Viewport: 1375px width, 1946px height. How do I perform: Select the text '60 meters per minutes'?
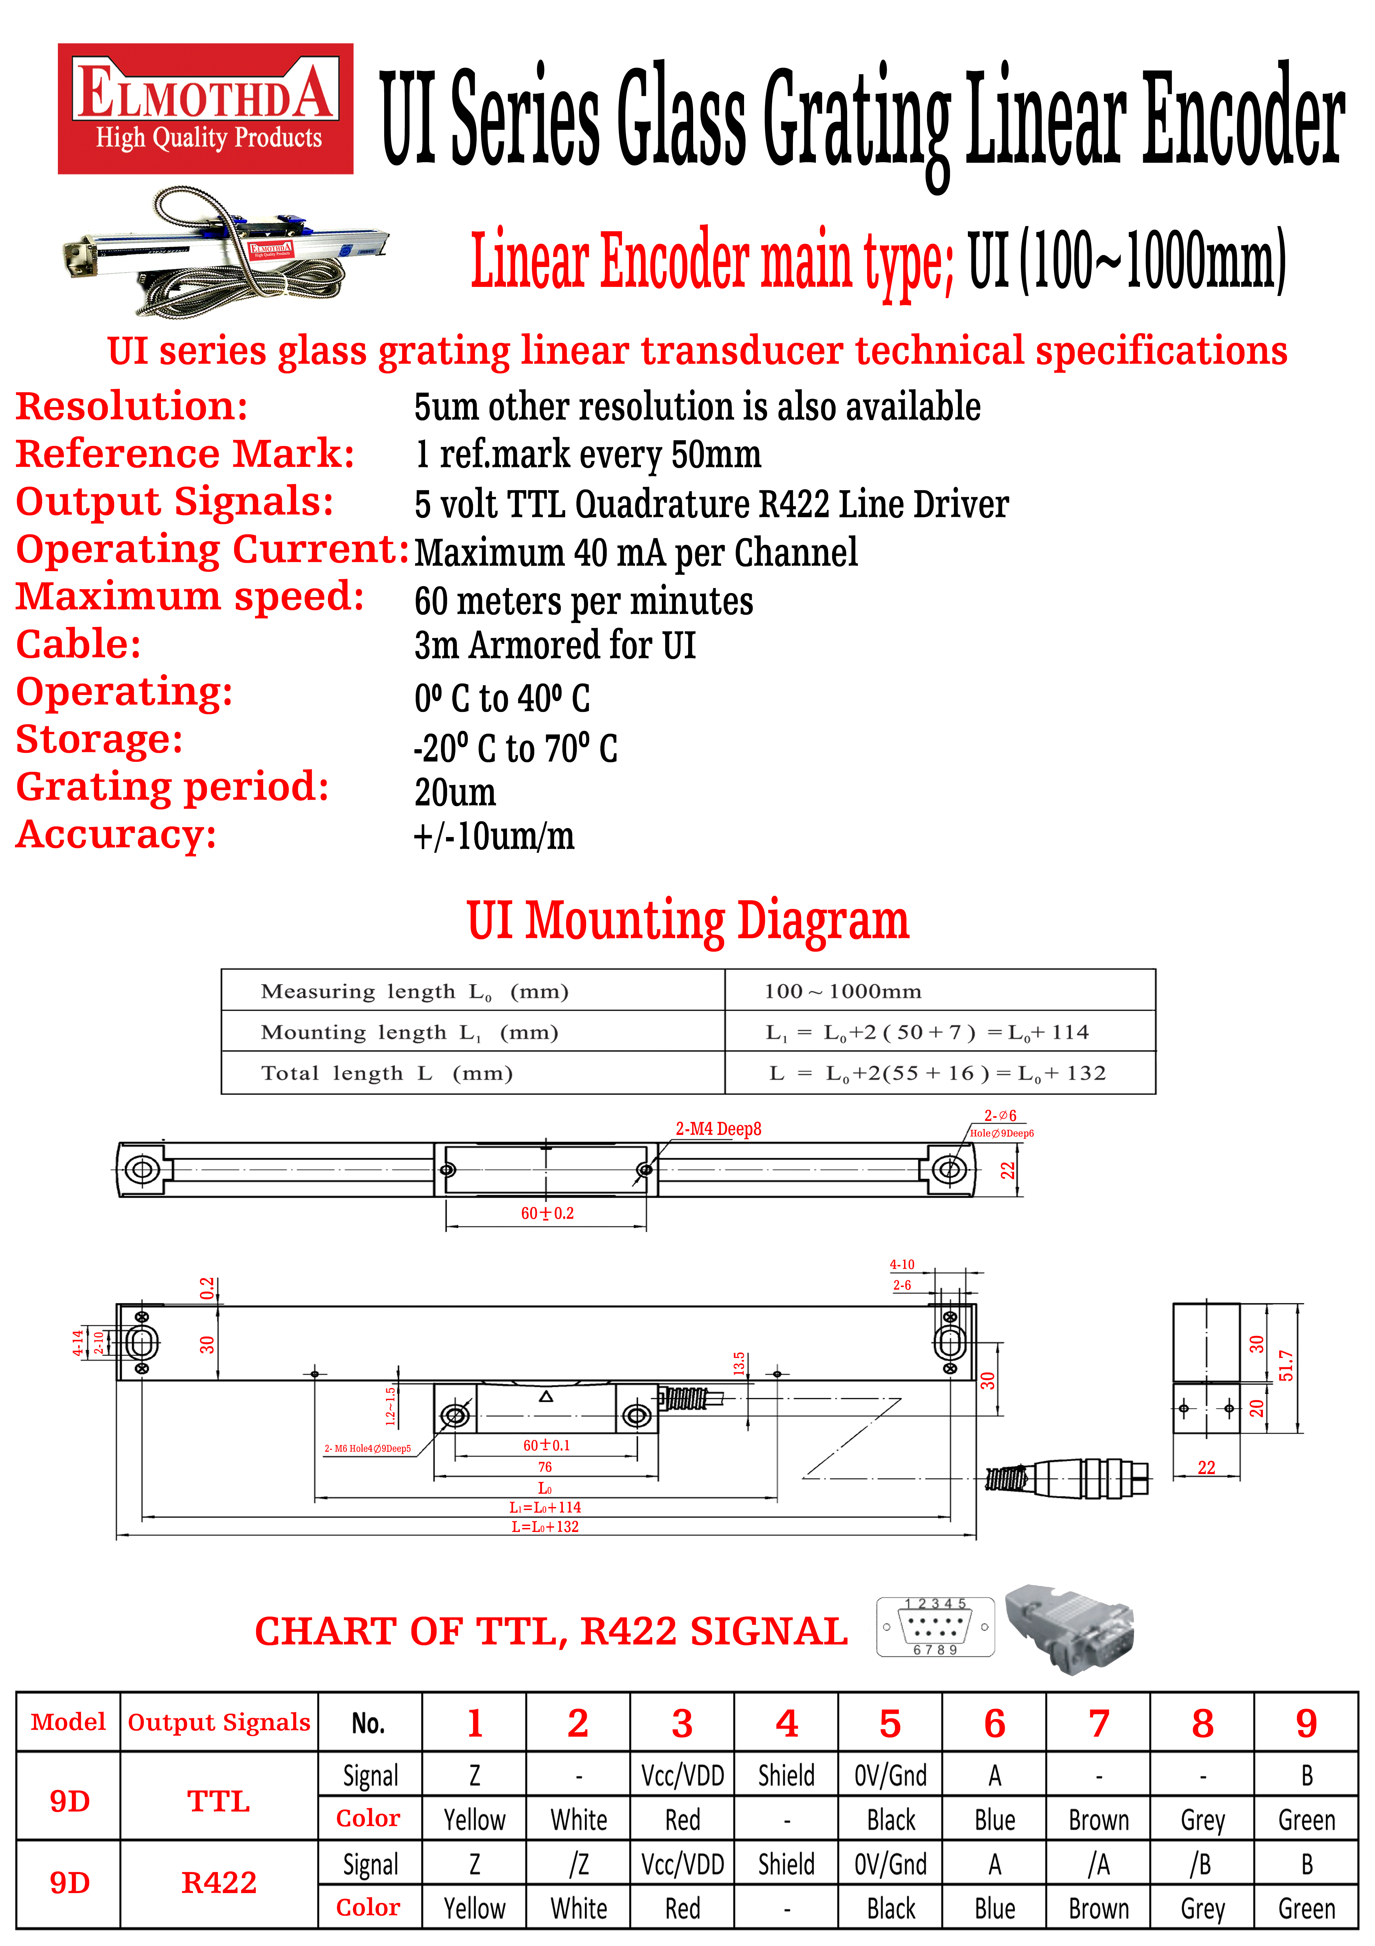[x=584, y=601]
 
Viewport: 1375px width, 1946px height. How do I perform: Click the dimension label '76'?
[x=545, y=1466]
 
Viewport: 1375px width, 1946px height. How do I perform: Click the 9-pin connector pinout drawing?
[x=935, y=1626]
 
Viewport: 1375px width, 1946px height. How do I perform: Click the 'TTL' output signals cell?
[x=219, y=1800]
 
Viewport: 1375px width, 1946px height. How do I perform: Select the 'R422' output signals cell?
[x=219, y=1882]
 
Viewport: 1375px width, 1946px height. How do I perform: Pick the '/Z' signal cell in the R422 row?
[x=579, y=1864]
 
